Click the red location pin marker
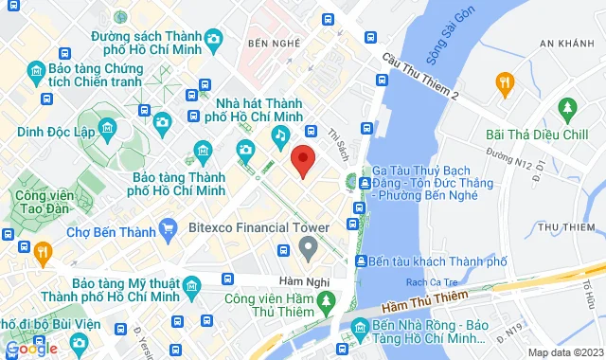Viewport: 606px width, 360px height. click(303, 161)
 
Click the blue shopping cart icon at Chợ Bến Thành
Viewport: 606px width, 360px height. click(169, 227)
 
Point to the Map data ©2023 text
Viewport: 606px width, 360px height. click(564, 352)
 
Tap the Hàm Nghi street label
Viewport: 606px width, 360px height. click(275, 280)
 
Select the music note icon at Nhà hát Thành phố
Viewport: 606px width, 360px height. click(280, 136)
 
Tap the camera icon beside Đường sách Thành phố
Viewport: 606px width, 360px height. click(215, 39)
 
